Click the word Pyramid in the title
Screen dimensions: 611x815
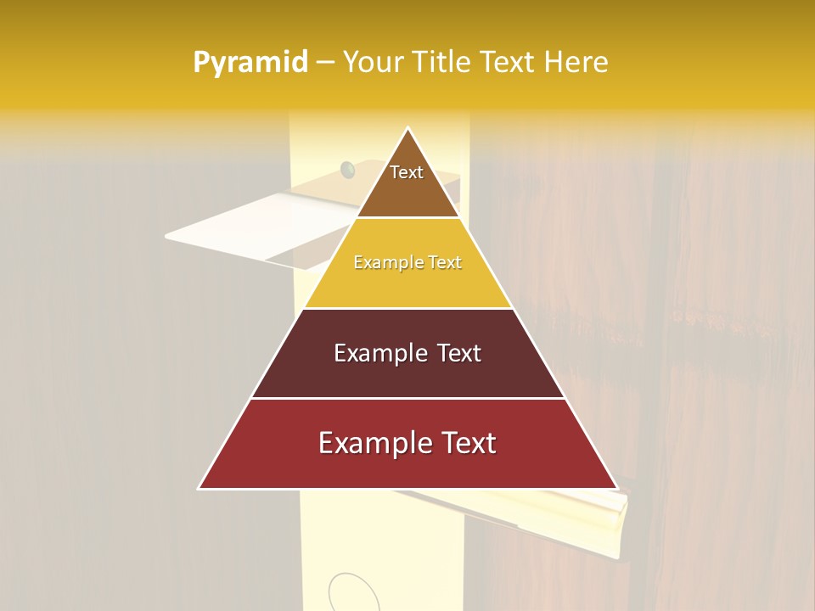tap(250, 63)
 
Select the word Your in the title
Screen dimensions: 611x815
tap(372, 62)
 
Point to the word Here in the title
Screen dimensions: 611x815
tap(576, 62)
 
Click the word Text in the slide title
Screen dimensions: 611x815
tap(507, 62)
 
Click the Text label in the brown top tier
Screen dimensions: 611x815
tap(407, 172)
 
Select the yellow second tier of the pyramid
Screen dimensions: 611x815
tap(407, 284)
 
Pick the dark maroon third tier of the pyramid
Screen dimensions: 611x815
tap(407, 378)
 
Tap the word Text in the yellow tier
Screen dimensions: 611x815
tap(446, 262)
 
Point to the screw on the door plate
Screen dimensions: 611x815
tap(347, 170)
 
